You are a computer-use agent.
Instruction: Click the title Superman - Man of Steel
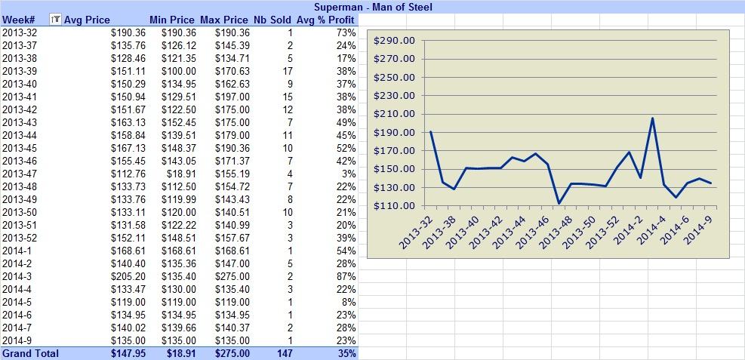coord(373,7)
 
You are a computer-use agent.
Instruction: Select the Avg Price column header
coord(87,20)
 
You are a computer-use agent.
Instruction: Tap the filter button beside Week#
coord(56,20)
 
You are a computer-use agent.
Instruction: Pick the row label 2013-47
coord(20,174)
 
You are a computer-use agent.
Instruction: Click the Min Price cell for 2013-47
coord(183,174)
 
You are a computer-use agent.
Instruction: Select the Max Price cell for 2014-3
coord(232,276)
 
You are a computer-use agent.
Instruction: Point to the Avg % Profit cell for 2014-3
coord(348,276)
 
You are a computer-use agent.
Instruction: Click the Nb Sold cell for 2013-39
coord(288,71)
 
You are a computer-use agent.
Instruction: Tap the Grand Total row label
coord(31,353)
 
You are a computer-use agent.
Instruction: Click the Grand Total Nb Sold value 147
coord(285,353)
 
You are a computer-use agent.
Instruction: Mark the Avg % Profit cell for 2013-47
coord(349,174)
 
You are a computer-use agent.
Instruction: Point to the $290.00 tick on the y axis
coord(394,41)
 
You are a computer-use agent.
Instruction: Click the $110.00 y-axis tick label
coord(394,206)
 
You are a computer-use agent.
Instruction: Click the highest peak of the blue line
coord(652,118)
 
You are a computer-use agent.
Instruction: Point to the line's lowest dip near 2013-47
coord(559,203)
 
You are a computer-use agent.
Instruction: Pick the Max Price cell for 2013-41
coord(232,97)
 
